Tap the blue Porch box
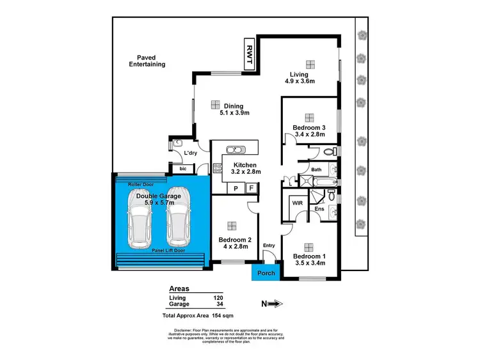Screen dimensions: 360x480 pos(265,273)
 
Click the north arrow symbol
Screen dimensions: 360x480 pos(273,304)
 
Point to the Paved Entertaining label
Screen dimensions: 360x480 pos(147,61)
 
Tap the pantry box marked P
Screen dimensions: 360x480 pos(236,188)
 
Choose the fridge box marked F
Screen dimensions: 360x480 pos(251,188)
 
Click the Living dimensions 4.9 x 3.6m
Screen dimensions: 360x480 pos(310,81)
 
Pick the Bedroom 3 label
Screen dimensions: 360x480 pos(310,128)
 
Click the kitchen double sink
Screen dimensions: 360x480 pos(235,151)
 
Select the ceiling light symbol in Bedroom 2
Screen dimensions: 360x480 pos(230,224)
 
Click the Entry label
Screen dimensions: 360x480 pos(268,245)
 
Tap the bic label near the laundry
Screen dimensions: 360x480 pos(182,169)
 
